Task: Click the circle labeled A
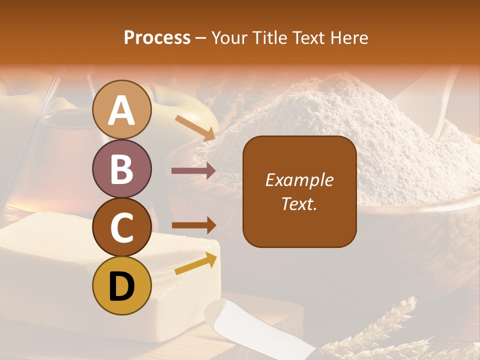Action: coord(121,109)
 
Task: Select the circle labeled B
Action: coord(121,168)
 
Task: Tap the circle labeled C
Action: coord(121,227)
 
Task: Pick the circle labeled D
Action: coord(121,286)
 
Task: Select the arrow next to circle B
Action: coord(193,171)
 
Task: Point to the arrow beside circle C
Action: coord(193,225)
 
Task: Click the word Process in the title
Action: coord(157,37)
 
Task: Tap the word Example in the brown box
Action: coord(299,180)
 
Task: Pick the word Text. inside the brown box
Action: coord(299,204)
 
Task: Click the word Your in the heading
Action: coord(229,37)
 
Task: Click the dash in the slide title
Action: coord(201,38)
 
